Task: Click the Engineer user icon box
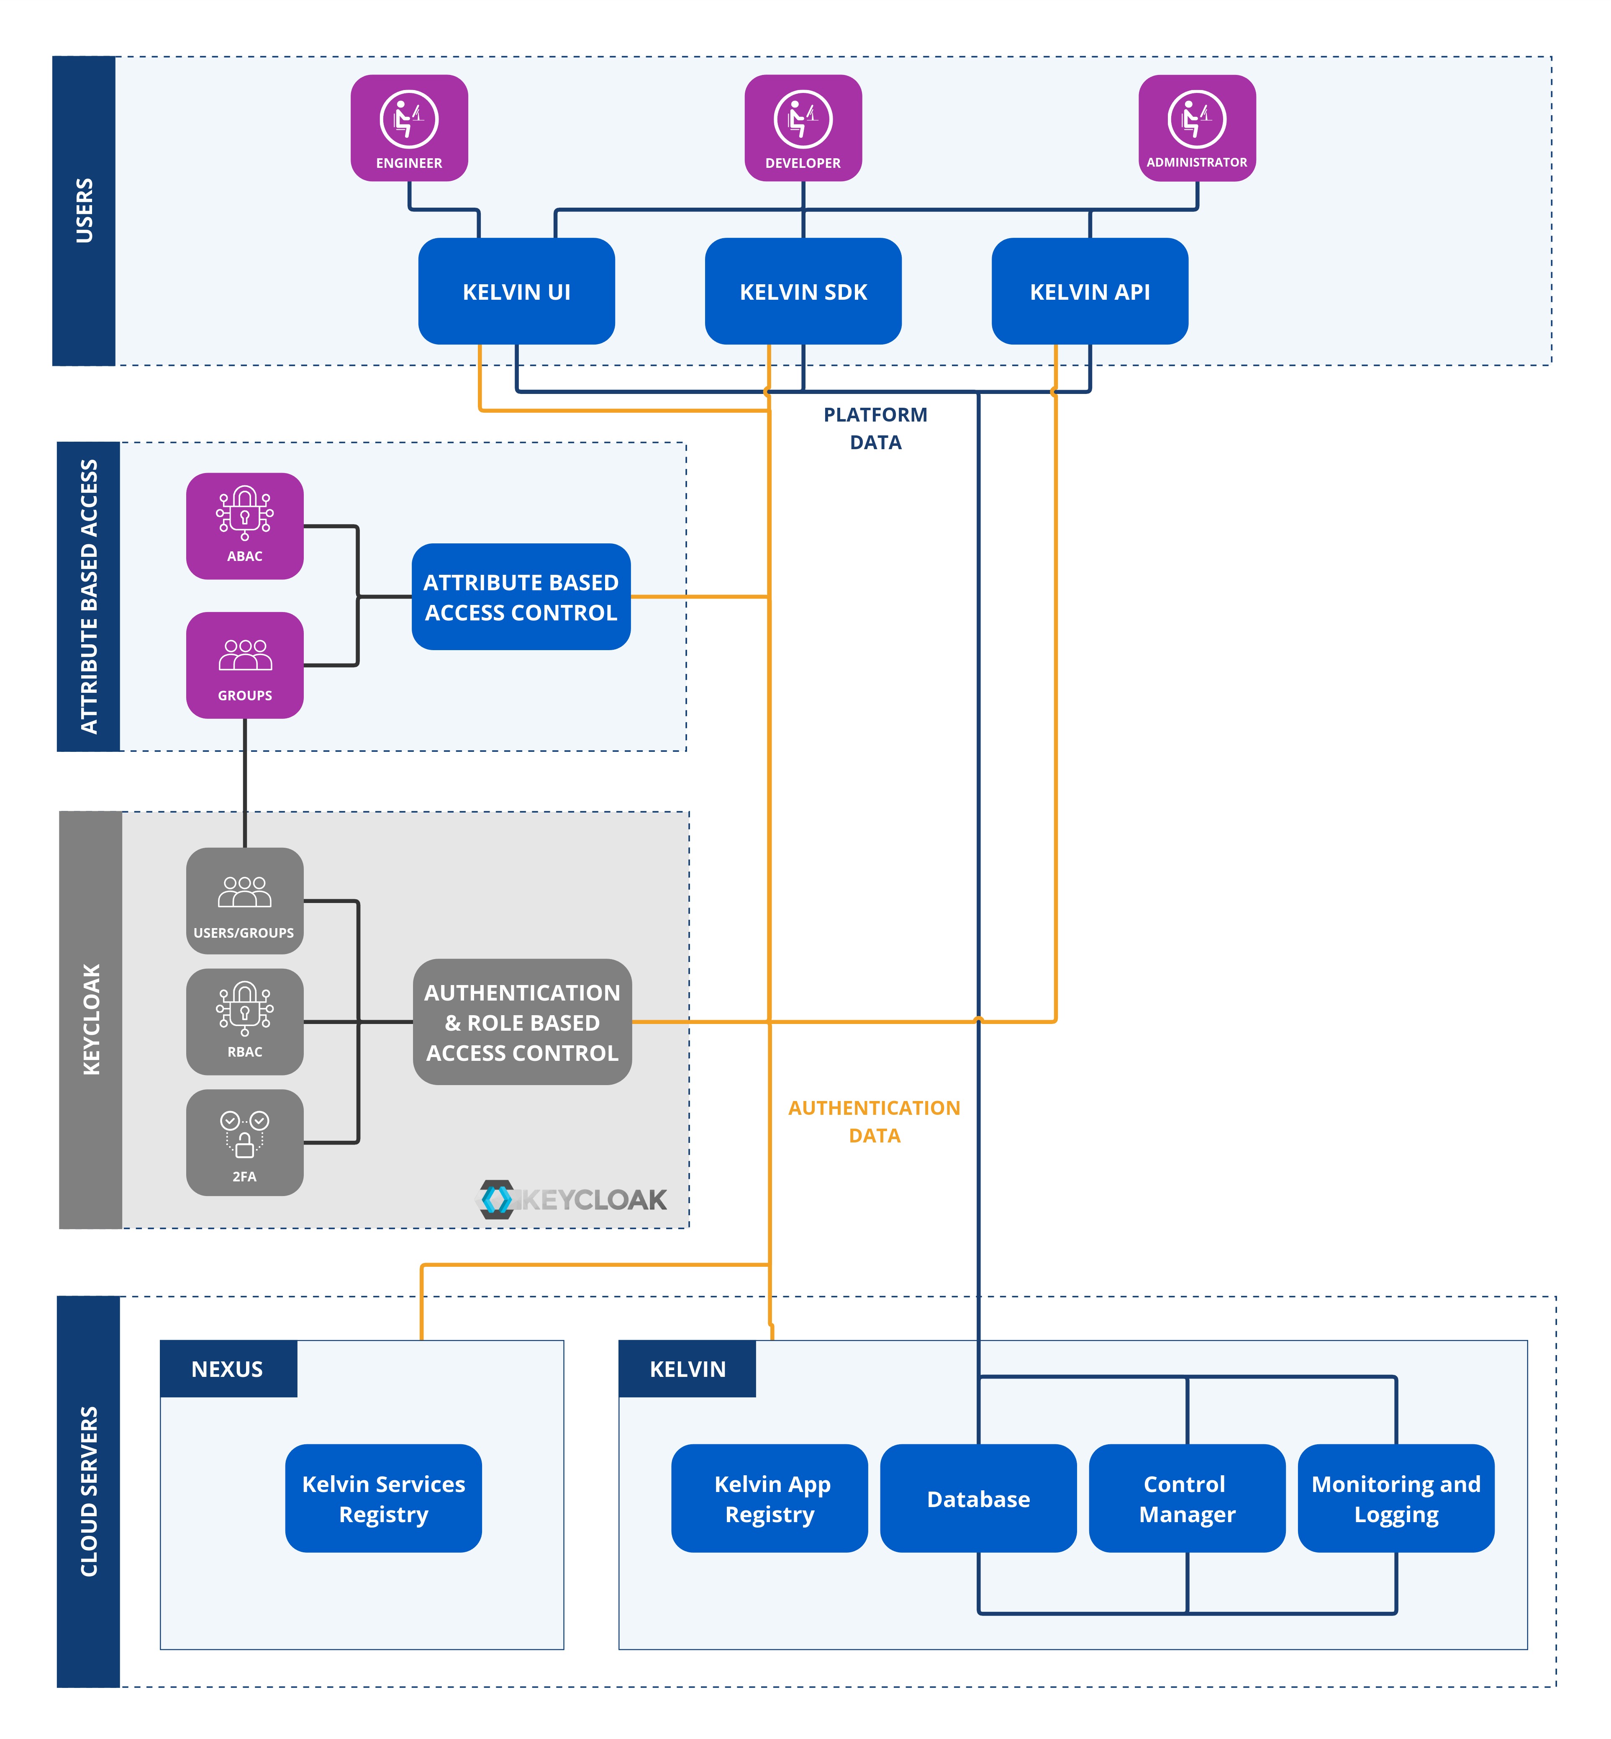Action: pos(409,128)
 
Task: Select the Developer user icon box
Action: pos(803,128)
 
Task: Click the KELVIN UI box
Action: pos(516,291)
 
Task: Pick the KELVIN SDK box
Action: pos(803,291)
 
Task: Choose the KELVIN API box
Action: pos(1090,291)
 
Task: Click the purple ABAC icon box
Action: pos(245,526)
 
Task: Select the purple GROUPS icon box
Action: pos(245,666)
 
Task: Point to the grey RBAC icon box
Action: pos(245,1021)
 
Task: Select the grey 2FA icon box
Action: pos(245,1142)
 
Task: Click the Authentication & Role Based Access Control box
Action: pos(522,1022)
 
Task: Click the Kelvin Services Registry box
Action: pos(384,1498)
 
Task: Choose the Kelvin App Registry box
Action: pos(770,1498)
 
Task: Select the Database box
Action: pos(978,1498)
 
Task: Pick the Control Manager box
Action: pos(1186,1498)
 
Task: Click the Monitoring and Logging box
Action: pos(1396,1498)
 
